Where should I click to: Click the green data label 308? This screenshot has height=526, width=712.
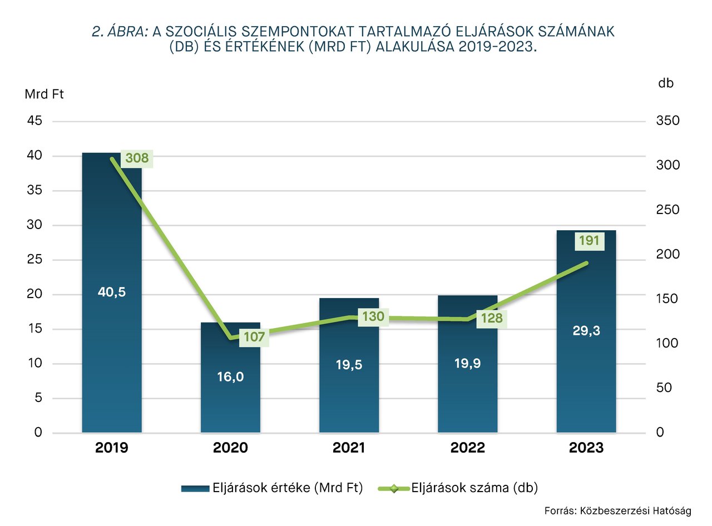coord(136,158)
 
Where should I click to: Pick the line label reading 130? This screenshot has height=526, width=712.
coord(373,317)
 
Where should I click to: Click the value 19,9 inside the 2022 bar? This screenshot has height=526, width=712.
coord(467,364)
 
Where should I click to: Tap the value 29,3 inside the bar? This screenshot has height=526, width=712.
coord(586,330)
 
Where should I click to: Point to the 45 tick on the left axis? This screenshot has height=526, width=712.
coord(34,121)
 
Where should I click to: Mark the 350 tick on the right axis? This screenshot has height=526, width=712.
coord(668,121)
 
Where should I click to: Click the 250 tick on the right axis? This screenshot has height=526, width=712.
coord(668,210)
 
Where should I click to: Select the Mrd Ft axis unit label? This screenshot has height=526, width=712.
coord(44,94)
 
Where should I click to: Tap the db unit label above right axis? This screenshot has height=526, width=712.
coord(666,83)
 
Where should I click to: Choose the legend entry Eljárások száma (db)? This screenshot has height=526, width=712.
coord(474,488)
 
